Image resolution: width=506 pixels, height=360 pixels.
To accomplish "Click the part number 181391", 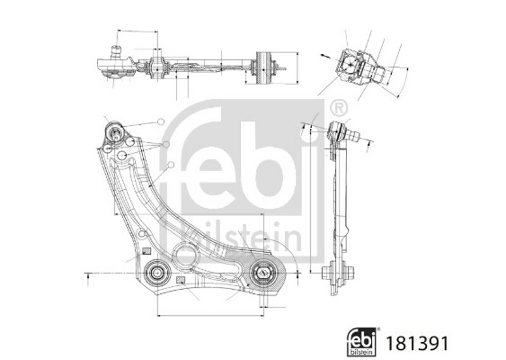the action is click(x=417, y=344).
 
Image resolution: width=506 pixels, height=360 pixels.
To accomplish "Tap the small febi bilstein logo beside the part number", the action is click(x=362, y=342).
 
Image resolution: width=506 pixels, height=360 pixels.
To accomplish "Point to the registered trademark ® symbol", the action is click(x=339, y=108).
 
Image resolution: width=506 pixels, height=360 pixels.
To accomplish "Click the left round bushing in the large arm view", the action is click(x=157, y=273).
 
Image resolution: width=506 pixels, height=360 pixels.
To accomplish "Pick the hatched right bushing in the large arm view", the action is click(x=262, y=273).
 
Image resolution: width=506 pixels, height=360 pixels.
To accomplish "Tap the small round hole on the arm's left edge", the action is click(x=141, y=234).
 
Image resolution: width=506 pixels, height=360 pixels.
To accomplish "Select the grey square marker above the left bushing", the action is click(x=147, y=251).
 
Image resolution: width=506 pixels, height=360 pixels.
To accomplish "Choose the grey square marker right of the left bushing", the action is click(x=180, y=280).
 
